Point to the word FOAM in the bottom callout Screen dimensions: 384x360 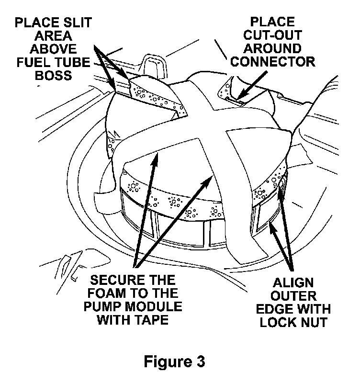pos(110,293)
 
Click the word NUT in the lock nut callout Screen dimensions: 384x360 pos(313,322)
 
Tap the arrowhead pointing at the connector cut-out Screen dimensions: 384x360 pos(239,98)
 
